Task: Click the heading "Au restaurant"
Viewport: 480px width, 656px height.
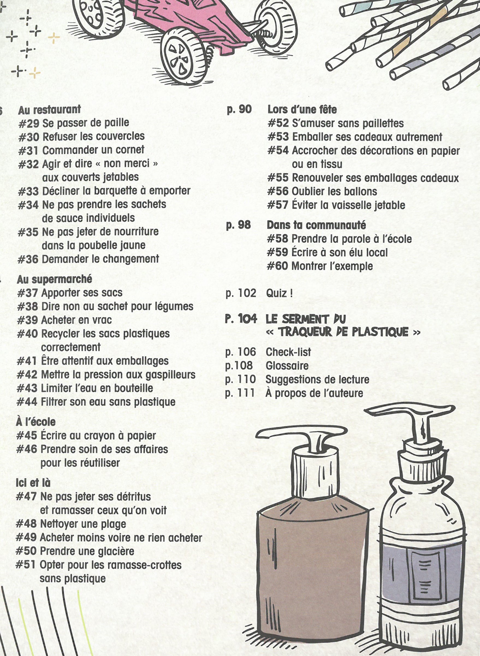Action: coord(49,110)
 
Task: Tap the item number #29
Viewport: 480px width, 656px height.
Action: coord(29,123)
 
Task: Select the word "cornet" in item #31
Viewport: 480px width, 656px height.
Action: coord(131,150)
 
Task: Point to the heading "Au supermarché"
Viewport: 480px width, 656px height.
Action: coord(55,280)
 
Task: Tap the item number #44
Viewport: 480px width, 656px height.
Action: coord(27,402)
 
